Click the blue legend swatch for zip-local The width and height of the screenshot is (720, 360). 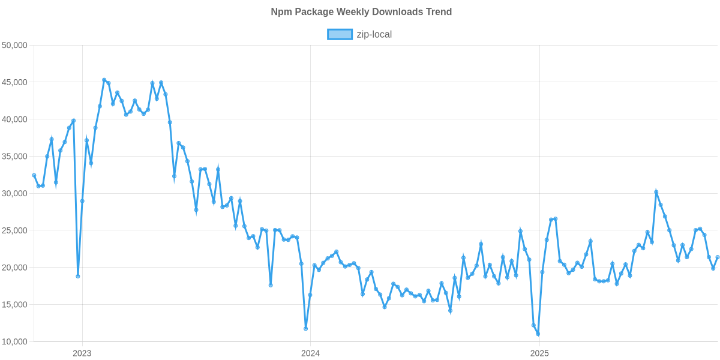pyautogui.click(x=340, y=35)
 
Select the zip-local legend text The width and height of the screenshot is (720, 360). pyautogui.click(x=374, y=35)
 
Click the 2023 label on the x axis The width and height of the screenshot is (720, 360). pyautogui.click(x=82, y=353)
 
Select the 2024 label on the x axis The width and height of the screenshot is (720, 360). pyautogui.click(x=310, y=353)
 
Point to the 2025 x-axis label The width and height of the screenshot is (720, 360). pyautogui.click(x=539, y=353)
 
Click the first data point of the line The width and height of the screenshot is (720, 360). pyautogui.click(x=34, y=175)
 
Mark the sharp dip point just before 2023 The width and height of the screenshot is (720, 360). pyautogui.click(x=78, y=276)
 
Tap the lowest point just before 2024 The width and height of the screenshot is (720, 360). pyautogui.click(x=306, y=329)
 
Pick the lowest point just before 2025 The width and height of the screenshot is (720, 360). pyautogui.click(x=538, y=334)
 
